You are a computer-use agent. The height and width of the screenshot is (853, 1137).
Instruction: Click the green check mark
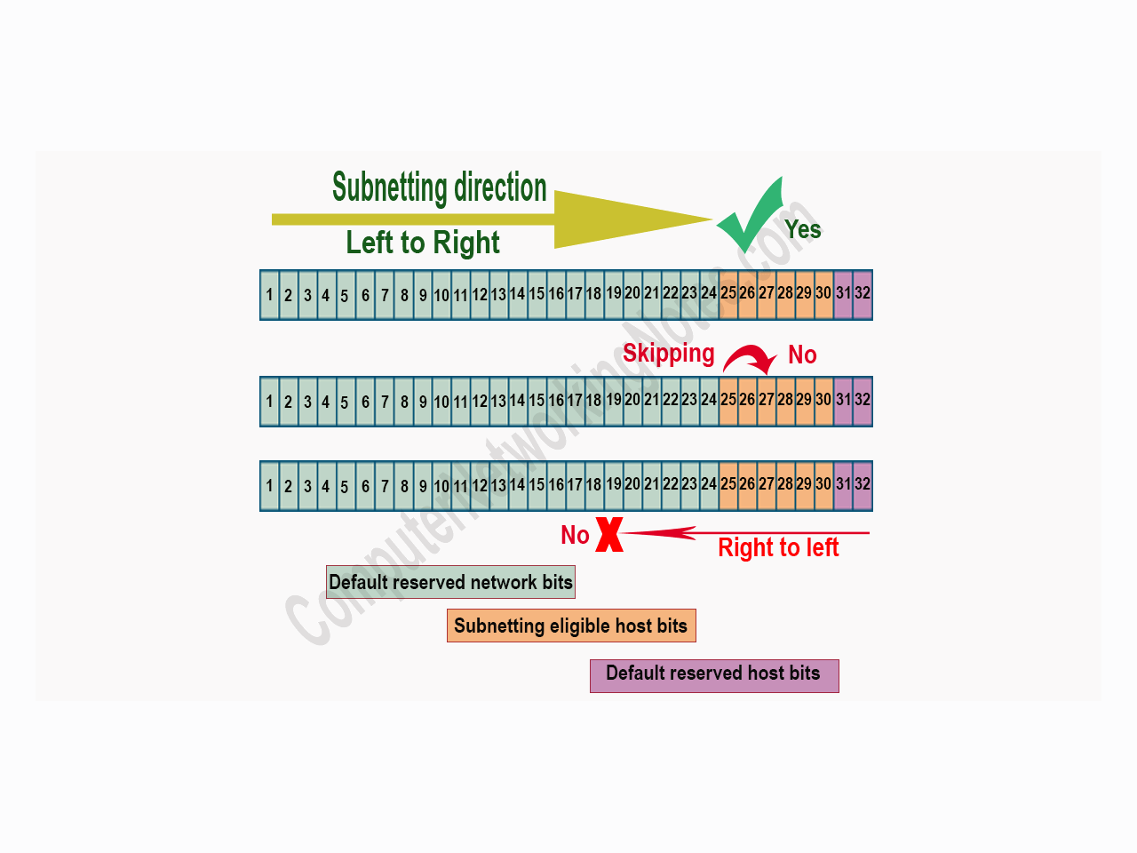click(751, 218)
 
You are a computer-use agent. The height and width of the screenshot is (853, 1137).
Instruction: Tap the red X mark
click(609, 534)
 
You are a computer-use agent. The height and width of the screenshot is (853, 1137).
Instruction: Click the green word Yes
click(803, 229)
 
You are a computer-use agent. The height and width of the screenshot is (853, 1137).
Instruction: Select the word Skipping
click(668, 354)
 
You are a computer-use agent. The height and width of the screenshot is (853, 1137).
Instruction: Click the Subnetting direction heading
click(440, 187)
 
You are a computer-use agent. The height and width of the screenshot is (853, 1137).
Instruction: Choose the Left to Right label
click(423, 243)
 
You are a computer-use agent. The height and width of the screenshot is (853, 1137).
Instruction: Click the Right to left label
click(778, 547)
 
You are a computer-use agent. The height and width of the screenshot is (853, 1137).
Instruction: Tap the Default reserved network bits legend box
click(450, 582)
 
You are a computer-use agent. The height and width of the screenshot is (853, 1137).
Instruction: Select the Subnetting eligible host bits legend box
click(571, 626)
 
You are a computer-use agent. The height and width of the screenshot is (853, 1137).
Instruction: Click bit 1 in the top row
click(270, 295)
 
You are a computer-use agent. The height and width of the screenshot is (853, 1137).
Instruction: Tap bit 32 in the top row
click(863, 294)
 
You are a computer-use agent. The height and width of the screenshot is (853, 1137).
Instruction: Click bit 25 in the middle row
click(728, 401)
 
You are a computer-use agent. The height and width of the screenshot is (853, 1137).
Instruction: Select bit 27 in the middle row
click(767, 401)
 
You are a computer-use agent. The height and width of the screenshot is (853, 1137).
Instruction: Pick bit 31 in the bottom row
click(843, 485)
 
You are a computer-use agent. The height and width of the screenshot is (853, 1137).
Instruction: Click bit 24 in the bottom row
click(709, 485)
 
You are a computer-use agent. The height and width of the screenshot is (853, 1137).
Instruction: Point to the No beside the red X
click(575, 535)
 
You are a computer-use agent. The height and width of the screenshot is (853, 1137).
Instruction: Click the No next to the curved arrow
click(802, 355)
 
